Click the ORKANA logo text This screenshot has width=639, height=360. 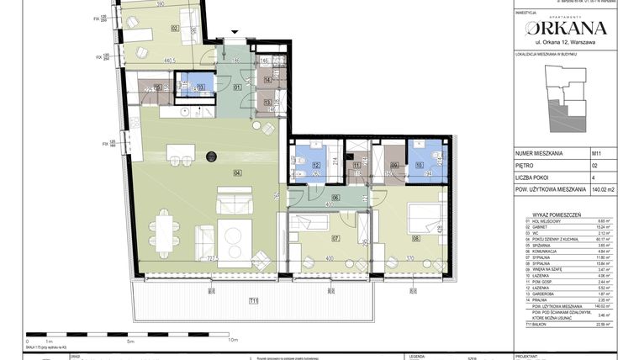click(x=564, y=28)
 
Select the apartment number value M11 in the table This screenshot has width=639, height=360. click(x=597, y=154)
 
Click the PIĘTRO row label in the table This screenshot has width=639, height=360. click(x=525, y=167)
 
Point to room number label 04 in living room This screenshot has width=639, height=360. click(x=214, y=173)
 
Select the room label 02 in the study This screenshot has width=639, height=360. click(x=175, y=28)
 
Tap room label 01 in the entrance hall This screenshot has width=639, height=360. click(x=237, y=87)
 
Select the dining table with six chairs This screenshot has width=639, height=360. click(x=165, y=227)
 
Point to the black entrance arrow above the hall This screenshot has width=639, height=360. click(x=235, y=33)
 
